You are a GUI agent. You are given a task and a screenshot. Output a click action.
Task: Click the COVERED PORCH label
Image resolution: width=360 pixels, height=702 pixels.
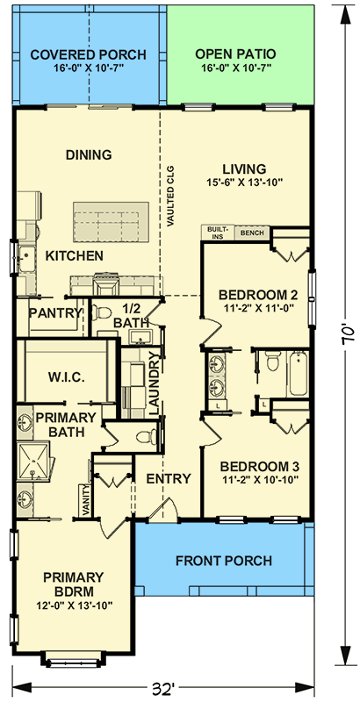point(88,55)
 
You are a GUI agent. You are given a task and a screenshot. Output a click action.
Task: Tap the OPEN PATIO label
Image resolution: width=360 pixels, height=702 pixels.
point(235,54)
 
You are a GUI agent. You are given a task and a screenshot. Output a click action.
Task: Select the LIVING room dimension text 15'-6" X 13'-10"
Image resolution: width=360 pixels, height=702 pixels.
point(244,183)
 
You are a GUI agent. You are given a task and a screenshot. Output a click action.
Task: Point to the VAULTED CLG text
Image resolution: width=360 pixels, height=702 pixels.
point(170,196)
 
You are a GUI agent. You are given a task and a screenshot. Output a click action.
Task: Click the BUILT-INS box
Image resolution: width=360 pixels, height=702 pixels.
point(218,233)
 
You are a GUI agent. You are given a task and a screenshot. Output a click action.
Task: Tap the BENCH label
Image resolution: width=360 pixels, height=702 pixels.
point(252,233)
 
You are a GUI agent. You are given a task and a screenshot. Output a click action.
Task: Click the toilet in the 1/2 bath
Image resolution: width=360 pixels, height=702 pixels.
point(103,312)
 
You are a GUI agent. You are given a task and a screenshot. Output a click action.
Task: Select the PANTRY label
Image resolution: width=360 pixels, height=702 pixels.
point(54,313)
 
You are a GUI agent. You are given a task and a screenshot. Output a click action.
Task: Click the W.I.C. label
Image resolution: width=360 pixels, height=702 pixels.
point(66,377)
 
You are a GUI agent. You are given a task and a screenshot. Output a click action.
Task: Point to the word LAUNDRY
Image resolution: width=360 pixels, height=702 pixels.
point(154,383)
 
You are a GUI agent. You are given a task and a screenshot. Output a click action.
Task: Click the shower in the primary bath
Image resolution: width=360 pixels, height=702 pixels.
point(34,462)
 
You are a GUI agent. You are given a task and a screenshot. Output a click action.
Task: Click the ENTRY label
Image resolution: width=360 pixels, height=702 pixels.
point(169,478)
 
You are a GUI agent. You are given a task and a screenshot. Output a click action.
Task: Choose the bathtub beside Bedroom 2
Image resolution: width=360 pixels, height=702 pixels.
point(298,374)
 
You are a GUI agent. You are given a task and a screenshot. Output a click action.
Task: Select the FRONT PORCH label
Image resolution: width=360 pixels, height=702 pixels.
point(223,561)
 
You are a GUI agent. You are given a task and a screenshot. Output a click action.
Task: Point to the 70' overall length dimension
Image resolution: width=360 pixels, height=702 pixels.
point(348,334)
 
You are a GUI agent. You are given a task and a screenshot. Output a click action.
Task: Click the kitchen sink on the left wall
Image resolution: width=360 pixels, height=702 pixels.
point(26,259)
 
